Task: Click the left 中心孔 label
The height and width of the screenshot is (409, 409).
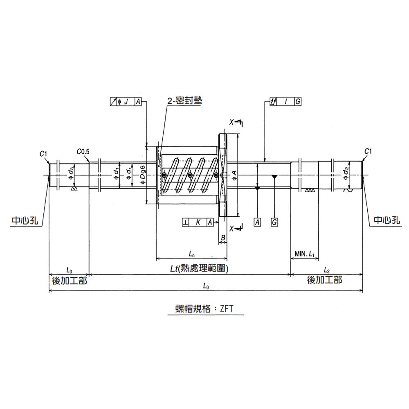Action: click(25, 221)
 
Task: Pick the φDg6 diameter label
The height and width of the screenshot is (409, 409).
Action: click(143, 175)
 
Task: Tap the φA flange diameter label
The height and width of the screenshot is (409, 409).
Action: click(234, 175)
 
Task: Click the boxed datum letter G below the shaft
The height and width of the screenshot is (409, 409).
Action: click(274, 222)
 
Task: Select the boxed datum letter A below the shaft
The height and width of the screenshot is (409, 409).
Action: click(257, 222)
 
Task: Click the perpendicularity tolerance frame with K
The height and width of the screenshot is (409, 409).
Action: click(198, 222)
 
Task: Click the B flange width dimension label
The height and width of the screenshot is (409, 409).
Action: click(223, 238)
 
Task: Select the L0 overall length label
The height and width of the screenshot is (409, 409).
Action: click(206, 287)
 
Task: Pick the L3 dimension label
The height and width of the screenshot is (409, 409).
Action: click(69, 270)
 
